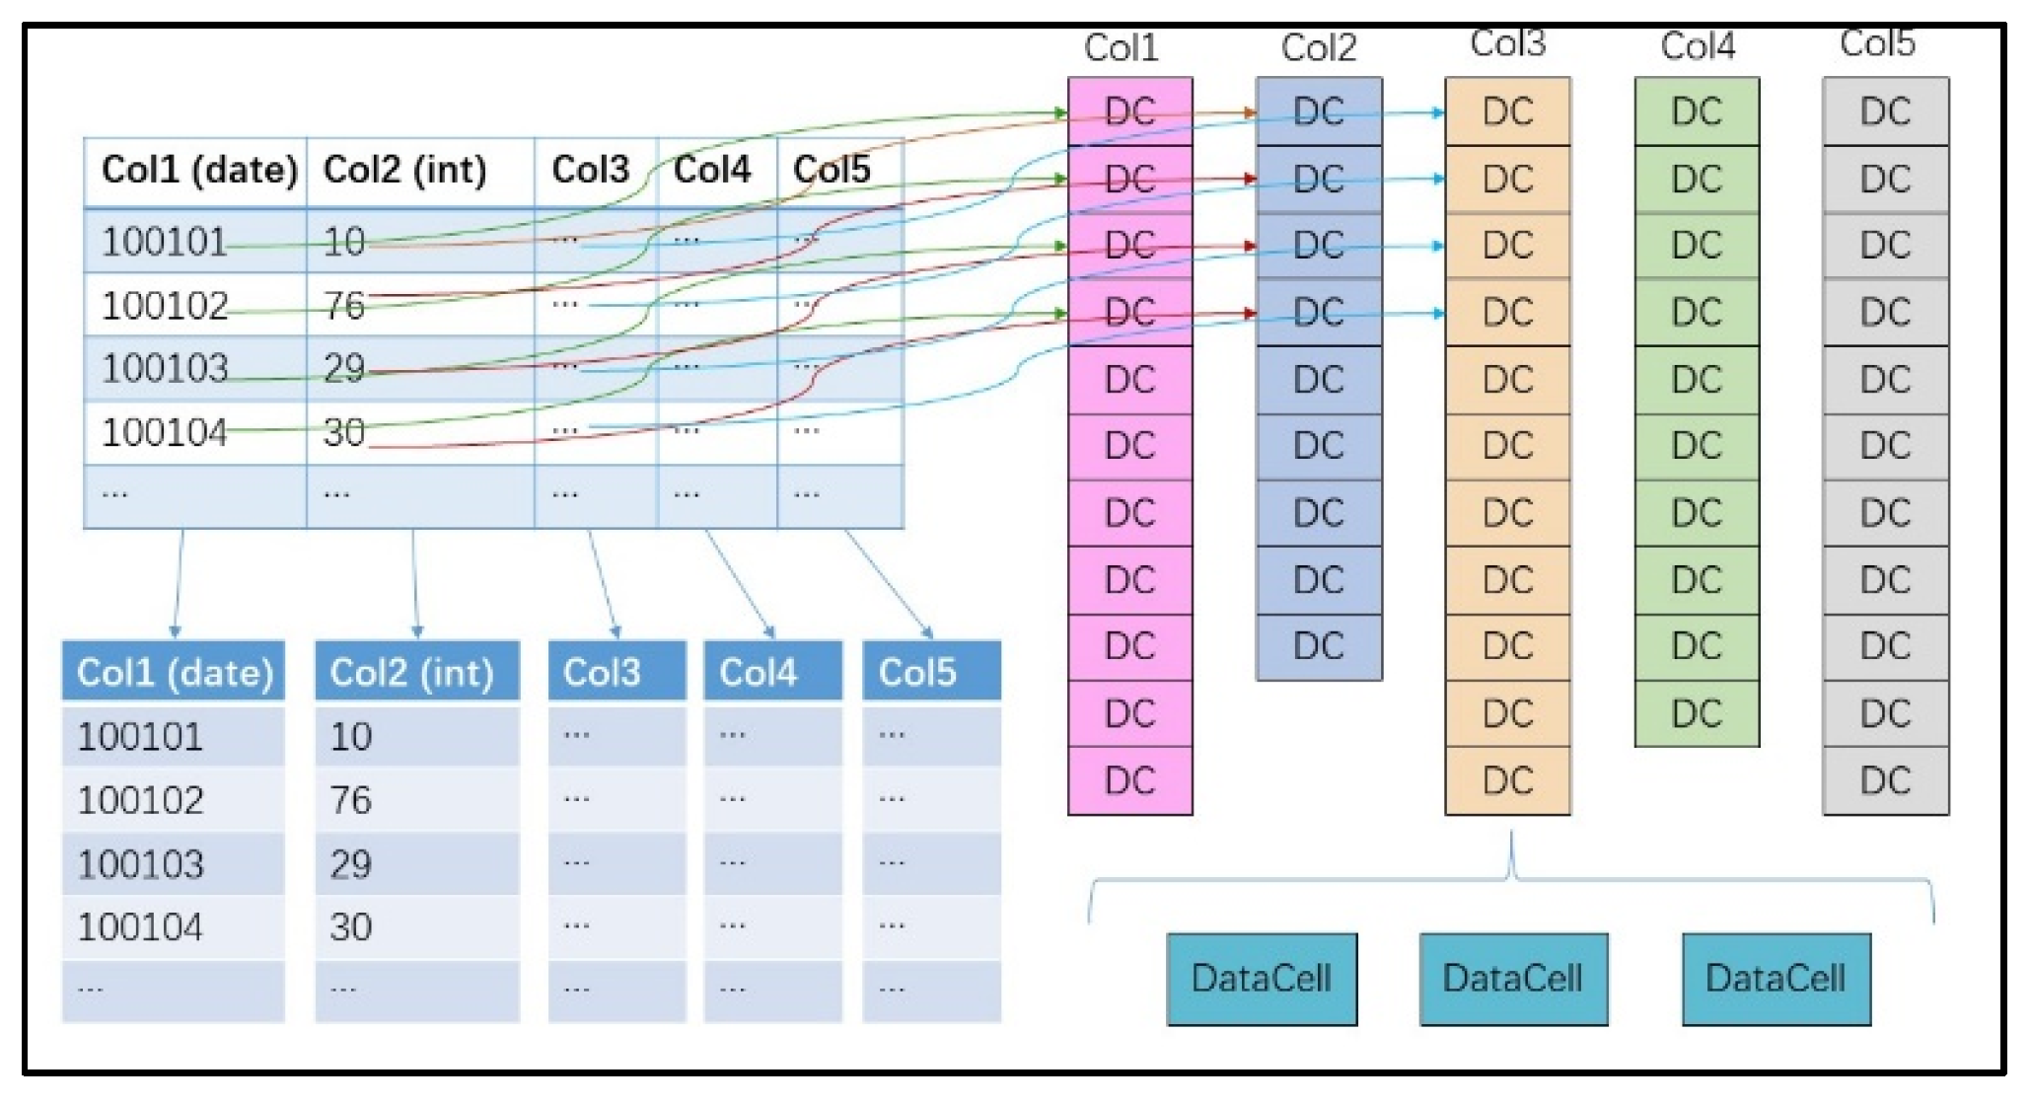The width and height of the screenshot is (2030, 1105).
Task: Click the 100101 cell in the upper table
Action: click(164, 242)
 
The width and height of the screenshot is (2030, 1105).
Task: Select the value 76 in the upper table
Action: click(345, 305)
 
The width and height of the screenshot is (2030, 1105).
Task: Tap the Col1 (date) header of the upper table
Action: click(198, 170)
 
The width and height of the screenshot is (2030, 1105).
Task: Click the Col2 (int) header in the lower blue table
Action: click(415, 672)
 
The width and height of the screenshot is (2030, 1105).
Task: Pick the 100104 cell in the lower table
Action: click(140, 926)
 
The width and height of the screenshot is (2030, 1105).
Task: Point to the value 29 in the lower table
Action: click(351, 864)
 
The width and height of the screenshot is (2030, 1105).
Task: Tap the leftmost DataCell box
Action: click(1261, 979)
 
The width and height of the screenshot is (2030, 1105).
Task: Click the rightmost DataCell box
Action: click(1776, 979)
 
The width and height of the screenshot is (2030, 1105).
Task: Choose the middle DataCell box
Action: click(1513, 979)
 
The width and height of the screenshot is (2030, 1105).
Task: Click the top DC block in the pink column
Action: click(1129, 111)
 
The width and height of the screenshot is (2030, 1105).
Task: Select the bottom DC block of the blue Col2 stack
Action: click(1319, 646)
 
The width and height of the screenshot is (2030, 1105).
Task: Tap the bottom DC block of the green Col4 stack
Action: click(1697, 712)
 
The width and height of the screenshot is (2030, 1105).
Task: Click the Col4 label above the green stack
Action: click(1697, 45)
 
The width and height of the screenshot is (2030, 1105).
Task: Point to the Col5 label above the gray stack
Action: click(1877, 43)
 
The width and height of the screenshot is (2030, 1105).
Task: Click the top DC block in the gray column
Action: click(1885, 111)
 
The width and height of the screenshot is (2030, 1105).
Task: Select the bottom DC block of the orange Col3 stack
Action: click(1507, 780)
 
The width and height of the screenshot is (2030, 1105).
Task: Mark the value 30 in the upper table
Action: click(345, 432)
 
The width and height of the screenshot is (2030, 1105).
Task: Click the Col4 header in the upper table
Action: click(711, 170)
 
